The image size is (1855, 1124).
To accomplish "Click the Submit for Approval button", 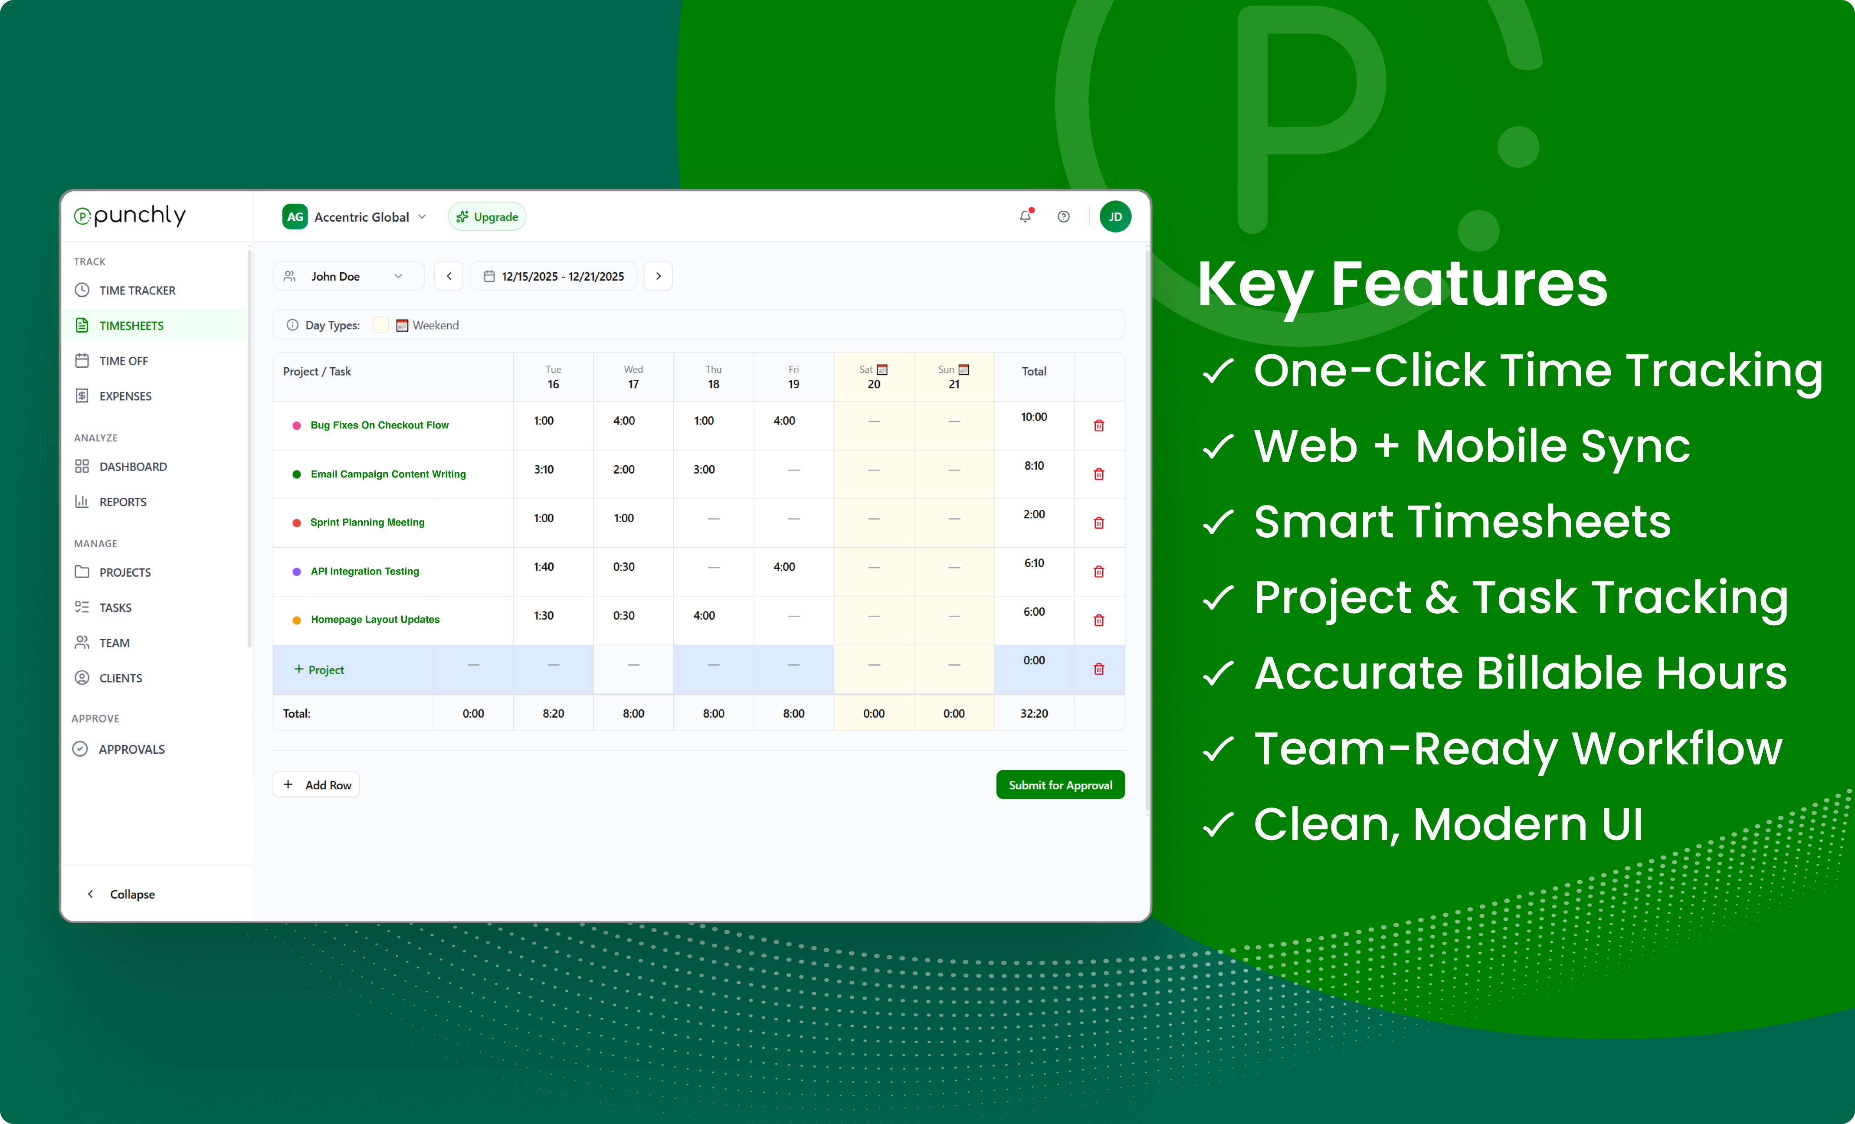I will tap(1060, 785).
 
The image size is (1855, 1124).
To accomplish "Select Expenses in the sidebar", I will tap(125, 396).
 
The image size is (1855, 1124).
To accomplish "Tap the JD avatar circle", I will tap(1115, 217).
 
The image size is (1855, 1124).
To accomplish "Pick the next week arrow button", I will tap(658, 276).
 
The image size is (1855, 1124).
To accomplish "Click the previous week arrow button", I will tap(449, 276).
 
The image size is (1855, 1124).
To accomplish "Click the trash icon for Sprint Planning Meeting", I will tap(1098, 523).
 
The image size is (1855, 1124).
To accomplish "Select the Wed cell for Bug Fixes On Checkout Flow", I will tap(624, 421).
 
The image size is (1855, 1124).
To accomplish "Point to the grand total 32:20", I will tap(1034, 713).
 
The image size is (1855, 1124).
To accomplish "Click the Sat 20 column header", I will tap(873, 377).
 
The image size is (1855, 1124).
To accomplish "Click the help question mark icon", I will tap(1063, 217).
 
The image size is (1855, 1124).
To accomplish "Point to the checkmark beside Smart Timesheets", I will tap(1217, 522).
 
